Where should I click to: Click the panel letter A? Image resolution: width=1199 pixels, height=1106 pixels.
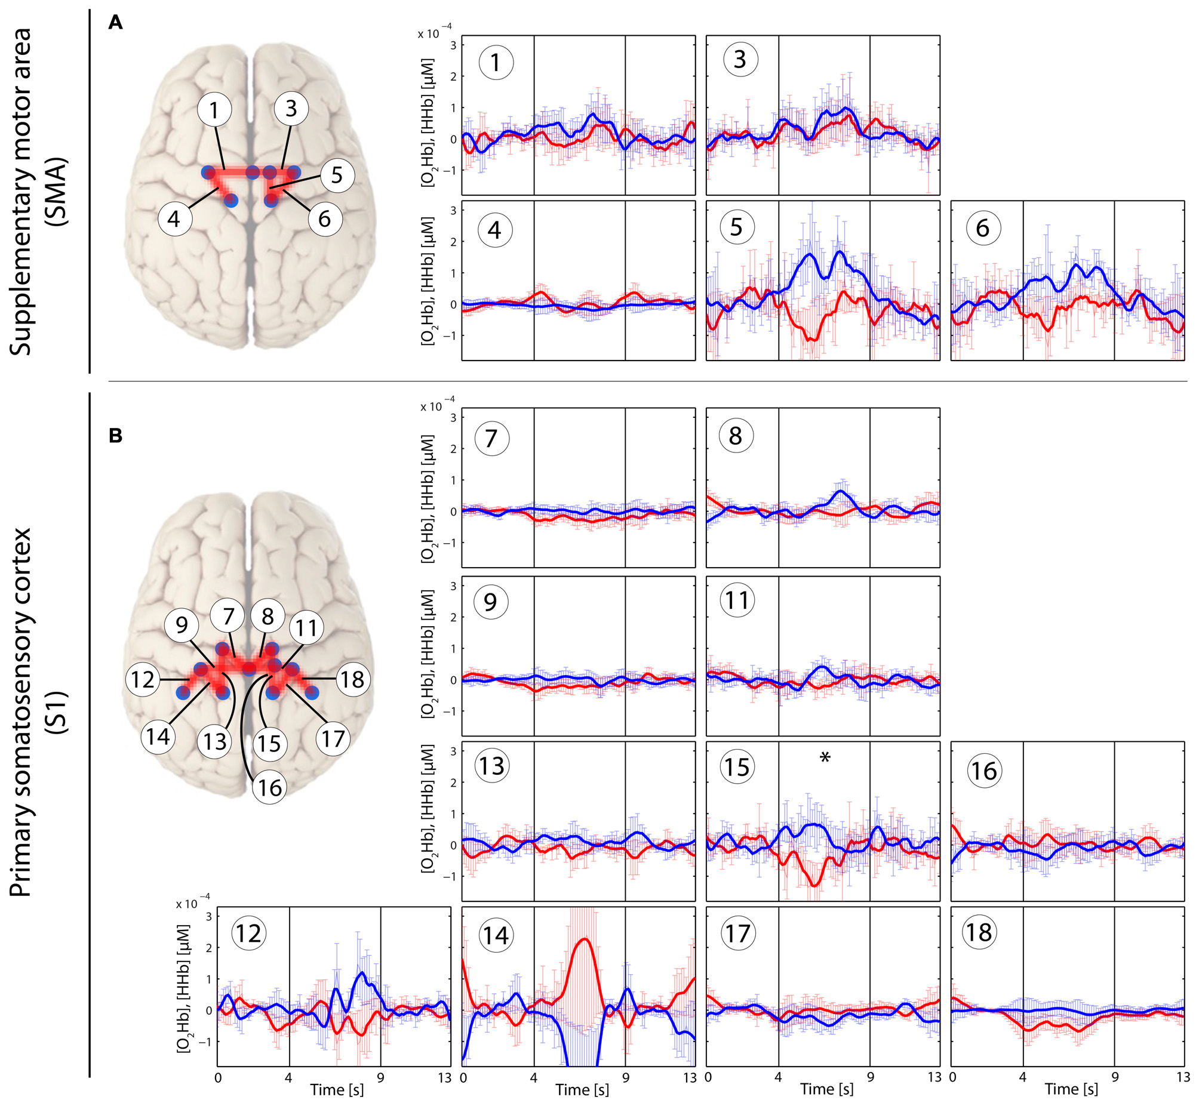click(115, 23)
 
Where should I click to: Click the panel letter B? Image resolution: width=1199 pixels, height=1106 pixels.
click(115, 436)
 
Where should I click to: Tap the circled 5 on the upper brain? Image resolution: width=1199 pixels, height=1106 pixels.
click(337, 175)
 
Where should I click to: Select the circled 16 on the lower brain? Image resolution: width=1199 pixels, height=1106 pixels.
click(269, 787)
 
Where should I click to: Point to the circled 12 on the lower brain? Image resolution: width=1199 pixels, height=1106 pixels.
click(143, 679)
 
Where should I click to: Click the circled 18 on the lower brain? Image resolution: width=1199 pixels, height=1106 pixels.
click(352, 679)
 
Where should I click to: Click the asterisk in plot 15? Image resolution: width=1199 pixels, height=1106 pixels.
click(825, 758)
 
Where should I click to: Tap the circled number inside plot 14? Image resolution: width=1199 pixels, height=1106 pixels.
click(496, 935)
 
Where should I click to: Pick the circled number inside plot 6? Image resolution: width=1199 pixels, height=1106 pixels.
click(983, 228)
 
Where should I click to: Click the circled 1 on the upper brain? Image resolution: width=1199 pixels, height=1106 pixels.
click(214, 109)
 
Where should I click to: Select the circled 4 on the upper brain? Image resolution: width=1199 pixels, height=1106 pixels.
click(174, 218)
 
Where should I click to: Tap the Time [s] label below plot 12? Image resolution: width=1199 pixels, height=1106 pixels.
click(336, 1089)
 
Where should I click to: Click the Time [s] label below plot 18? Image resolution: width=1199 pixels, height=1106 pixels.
click(1071, 1089)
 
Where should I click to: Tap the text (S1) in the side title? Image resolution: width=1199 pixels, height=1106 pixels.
click(59, 711)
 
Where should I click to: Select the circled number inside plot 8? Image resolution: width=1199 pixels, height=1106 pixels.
click(736, 435)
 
